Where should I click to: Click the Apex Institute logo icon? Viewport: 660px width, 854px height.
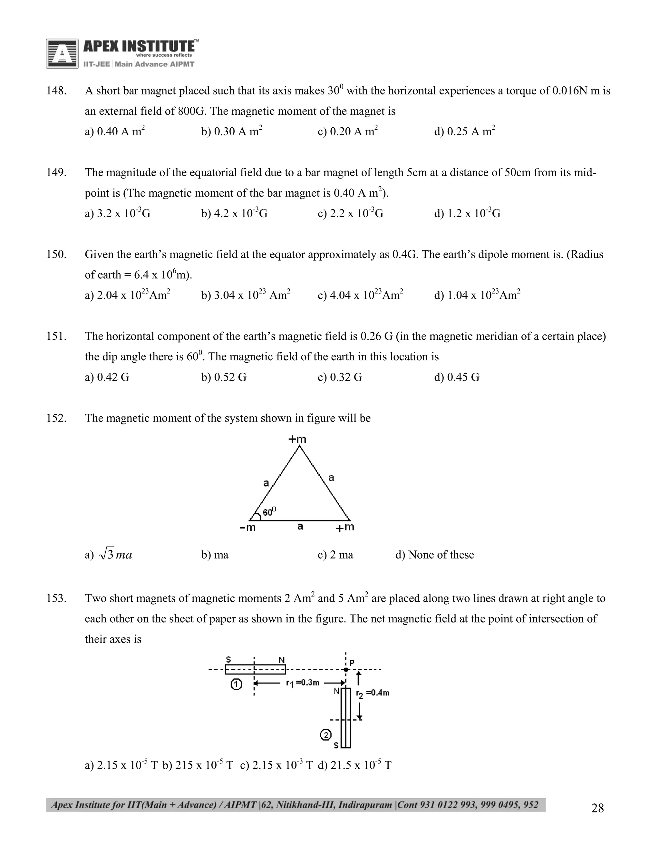tap(62, 53)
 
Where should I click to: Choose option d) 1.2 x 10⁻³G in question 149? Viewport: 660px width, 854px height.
tap(467, 213)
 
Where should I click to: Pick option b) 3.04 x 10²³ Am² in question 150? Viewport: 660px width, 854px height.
tap(246, 295)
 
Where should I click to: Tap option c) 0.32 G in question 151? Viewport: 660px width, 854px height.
tap(340, 377)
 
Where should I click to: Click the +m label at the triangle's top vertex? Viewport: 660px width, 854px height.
tap(297, 439)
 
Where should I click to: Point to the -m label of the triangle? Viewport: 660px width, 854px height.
tap(247, 528)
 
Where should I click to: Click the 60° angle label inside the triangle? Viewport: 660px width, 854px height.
tap(269, 511)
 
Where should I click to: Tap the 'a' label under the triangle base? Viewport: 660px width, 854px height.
tap(300, 526)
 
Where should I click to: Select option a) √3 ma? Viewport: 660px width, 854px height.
tap(109, 555)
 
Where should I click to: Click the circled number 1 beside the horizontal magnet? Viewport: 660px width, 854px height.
tap(236, 684)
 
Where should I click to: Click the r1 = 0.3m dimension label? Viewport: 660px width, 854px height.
tap(302, 683)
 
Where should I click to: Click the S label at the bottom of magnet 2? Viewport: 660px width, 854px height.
tap(336, 746)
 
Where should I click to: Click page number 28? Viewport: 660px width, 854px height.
tap(597, 808)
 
